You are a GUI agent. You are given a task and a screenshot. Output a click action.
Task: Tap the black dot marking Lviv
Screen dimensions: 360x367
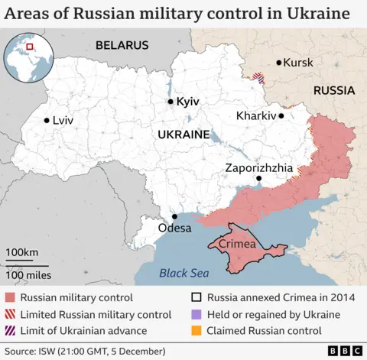47,120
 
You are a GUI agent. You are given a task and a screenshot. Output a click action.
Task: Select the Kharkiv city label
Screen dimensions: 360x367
256,116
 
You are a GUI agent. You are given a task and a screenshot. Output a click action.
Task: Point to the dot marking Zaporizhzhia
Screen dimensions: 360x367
258,178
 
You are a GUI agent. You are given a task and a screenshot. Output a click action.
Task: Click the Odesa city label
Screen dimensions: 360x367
174,228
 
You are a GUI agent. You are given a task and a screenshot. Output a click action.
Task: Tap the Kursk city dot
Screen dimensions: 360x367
279,63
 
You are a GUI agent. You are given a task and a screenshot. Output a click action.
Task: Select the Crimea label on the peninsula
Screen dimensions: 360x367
235,243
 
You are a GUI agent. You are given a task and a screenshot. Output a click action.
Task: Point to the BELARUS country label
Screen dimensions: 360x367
122,45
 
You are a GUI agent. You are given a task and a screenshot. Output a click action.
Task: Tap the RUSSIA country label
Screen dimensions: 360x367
333,90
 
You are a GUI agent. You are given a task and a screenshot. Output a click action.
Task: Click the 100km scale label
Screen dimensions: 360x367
21,252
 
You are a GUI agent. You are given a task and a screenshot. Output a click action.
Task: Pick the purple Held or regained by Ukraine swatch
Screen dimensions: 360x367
196,315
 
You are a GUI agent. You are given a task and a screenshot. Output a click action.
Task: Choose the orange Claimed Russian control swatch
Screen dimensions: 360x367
196,331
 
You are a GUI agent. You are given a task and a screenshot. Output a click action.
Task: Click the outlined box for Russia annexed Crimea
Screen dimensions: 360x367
196,298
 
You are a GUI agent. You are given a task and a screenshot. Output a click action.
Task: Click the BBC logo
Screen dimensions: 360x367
343,351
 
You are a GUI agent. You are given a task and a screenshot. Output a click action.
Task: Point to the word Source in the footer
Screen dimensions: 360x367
21,351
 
